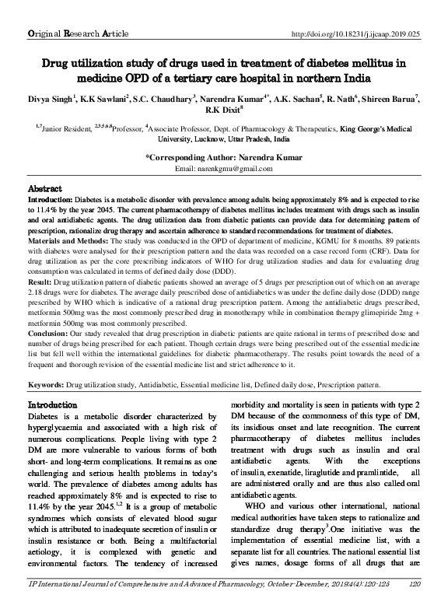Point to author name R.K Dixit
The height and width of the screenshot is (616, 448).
[x=224, y=111]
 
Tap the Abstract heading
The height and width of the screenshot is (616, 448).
[x=45, y=189]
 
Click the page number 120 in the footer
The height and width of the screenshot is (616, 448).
[x=414, y=604]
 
